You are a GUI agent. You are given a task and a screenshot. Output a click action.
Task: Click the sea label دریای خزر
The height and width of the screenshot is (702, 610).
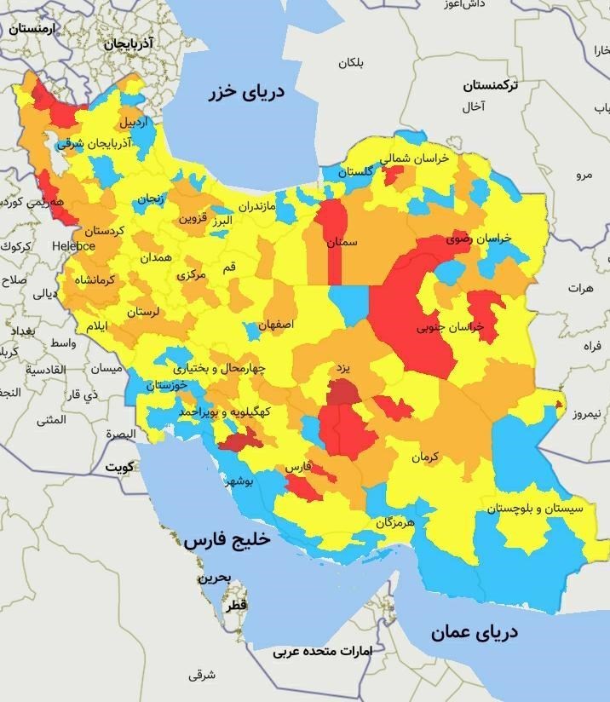click(x=246, y=93)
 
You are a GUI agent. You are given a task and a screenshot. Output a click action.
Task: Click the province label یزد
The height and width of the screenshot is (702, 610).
click(x=342, y=369)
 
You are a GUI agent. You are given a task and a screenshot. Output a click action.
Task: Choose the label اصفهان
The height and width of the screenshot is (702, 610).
click(x=276, y=325)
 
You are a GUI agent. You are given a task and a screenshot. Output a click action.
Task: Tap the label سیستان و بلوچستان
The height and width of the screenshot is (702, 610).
click(x=535, y=509)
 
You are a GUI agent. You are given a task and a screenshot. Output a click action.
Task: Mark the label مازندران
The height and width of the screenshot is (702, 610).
click(x=257, y=207)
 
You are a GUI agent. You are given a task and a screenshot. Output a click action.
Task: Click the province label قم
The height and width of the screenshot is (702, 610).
click(x=229, y=268)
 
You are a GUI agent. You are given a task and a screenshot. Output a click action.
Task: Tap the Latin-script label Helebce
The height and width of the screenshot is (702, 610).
click(x=73, y=246)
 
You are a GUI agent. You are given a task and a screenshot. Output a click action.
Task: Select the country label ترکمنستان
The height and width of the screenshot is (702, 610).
click(x=490, y=86)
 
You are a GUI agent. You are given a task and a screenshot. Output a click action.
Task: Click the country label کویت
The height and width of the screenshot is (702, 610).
click(x=119, y=468)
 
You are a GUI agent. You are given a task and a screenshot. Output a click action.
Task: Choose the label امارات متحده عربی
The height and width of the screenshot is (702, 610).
click(x=323, y=652)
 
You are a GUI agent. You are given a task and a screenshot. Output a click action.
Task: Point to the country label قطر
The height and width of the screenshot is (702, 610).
click(x=236, y=604)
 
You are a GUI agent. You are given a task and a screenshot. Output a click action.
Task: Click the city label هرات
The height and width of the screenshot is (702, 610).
click(x=578, y=289)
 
